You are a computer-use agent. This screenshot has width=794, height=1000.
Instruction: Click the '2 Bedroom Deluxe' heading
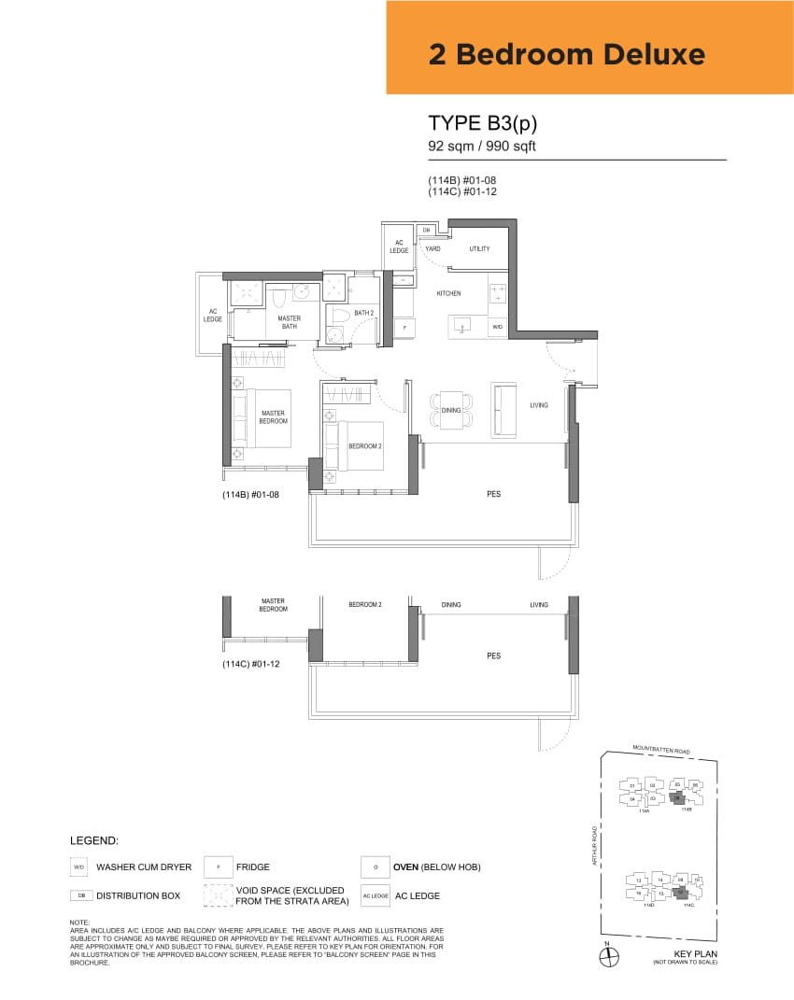point(566,54)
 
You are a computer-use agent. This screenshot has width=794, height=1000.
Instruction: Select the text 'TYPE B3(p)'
point(482,123)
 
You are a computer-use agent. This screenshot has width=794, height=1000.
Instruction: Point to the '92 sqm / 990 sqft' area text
point(482,146)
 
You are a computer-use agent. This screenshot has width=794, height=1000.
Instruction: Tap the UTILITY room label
point(479,249)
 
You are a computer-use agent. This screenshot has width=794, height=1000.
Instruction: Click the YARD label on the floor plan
point(432,249)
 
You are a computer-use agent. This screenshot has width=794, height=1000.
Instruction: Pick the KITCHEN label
point(448,293)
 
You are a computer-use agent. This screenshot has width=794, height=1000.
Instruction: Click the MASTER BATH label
point(289,322)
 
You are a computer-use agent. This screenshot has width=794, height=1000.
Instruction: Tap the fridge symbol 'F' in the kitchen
point(404,327)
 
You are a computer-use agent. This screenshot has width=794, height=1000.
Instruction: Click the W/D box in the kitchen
point(497,327)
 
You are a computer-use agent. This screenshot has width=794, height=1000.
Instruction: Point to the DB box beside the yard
point(426,230)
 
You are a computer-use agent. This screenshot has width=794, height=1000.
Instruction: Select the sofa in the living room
point(504,410)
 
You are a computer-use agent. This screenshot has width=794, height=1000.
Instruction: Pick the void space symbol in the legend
point(219,895)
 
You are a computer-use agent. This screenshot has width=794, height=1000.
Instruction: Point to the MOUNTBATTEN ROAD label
point(660,749)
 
